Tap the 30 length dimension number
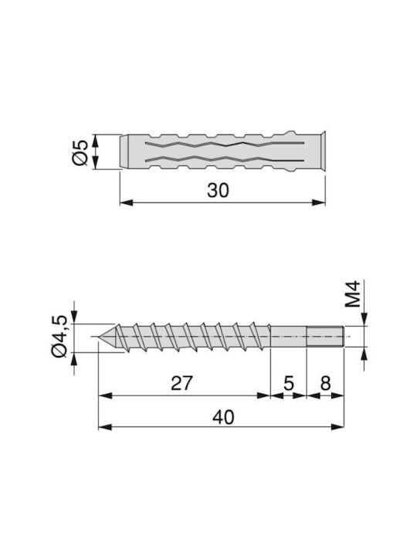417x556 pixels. tap(218, 191)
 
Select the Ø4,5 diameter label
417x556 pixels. tap(59, 337)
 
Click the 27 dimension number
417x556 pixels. tap(181, 383)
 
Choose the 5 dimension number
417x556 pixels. tap(289, 383)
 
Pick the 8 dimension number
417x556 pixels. tap(325, 383)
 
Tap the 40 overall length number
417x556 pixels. tap(223, 417)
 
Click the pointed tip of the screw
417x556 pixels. tap(99, 336)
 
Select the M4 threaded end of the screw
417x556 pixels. tap(325, 336)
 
